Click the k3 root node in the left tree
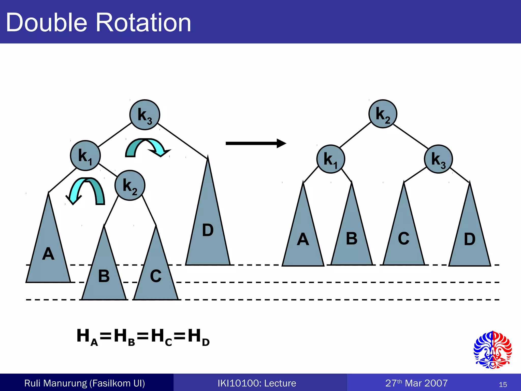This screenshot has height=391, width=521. tap(145, 115)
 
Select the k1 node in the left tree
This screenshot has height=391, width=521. tap(85, 156)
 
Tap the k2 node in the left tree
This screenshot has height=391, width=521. tap(130, 185)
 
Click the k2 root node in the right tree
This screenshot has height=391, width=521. tap(383, 114)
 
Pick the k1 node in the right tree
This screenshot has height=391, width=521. tap(331, 159)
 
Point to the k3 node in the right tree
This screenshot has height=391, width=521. tap(438, 159)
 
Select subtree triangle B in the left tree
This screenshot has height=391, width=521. tap(104, 275)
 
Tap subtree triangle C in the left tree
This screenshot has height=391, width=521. tap(156, 275)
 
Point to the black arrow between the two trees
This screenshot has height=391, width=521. tap(256, 143)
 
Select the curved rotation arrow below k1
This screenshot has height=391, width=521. tap(86, 190)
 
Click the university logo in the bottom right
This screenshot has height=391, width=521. tap(493, 350)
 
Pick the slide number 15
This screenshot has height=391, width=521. tap(503, 384)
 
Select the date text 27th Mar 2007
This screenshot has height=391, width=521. tap(416, 383)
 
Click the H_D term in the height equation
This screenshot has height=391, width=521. tap(199, 337)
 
